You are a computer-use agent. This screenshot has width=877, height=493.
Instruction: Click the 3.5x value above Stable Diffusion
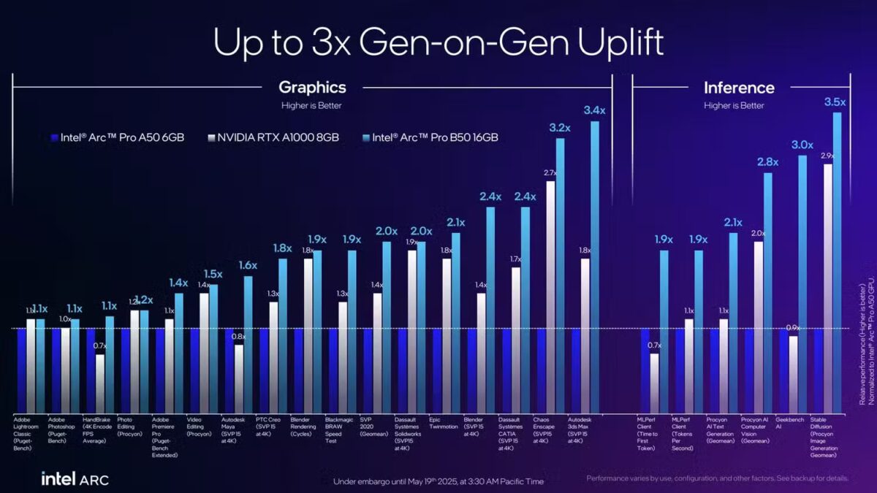click(835, 102)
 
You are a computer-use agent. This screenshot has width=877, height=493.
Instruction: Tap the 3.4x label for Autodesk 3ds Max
click(595, 111)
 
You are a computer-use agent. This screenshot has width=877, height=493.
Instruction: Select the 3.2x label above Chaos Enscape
click(560, 129)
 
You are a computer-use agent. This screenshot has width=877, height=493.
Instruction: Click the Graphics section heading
click(312, 88)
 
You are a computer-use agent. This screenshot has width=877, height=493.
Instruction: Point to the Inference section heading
click(739, 88)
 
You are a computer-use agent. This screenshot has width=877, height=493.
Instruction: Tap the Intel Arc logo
click(74, 479)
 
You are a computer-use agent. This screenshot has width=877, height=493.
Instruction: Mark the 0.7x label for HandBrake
click(100, 346)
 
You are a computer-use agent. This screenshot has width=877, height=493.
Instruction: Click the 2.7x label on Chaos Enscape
click(550, 172)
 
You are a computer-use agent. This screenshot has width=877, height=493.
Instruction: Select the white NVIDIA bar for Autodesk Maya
click(239, 380)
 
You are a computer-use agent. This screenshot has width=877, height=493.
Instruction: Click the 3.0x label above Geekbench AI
click(802, 145)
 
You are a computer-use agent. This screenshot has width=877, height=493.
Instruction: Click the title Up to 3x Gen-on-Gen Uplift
click(438, 42)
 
